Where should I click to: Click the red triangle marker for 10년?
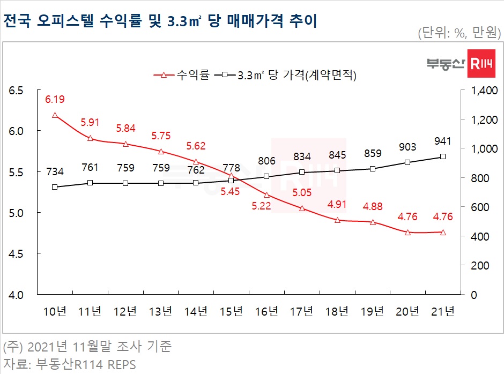point(55,115)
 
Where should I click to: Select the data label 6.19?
point(55,99)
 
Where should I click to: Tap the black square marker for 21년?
point(443,156)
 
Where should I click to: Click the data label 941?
point(443,141)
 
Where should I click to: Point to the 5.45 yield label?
point(231,191)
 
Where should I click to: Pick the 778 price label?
point(231,165)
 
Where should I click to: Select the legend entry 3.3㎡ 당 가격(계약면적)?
point(290,75)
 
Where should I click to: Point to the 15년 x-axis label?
point(231,311)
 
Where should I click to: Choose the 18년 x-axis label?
point(337,311)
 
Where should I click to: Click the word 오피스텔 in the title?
point(65,21)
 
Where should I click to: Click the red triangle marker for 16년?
point(266,195)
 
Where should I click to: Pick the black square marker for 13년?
point(160,183)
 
